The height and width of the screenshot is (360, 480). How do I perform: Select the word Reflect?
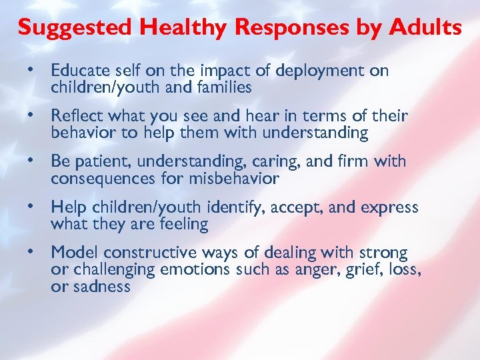75,116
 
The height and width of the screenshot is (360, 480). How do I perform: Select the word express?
389,207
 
